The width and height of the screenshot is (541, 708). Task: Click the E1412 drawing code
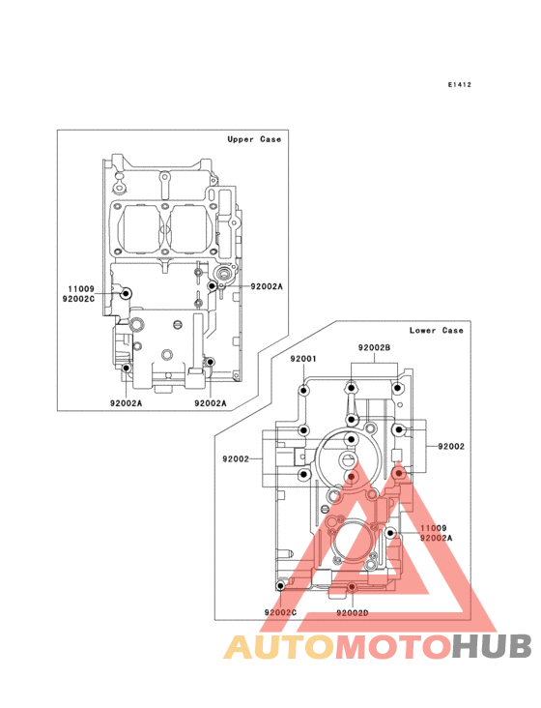tap(460, 84)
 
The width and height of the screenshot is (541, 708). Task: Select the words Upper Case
tap(254, 139)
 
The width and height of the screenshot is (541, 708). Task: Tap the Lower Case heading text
tap(436, 331)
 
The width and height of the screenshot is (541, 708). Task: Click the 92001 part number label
tap(303, 359)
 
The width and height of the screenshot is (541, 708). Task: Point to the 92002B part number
tap(374, 347)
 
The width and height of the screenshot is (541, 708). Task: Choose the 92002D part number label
tap(352, 612)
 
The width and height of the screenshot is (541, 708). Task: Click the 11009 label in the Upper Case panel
tap(81, 289)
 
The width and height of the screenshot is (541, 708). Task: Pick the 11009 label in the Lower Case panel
tap(433, 528)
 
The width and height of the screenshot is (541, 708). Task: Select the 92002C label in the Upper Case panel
tap(78, 299)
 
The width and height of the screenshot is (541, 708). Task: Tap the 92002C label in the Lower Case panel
tap(280, 612)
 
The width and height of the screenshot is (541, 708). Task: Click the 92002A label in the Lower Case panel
tap(436, 538)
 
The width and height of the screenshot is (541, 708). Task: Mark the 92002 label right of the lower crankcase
tap(451, 447)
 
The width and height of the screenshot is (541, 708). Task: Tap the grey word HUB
tap(492, 647)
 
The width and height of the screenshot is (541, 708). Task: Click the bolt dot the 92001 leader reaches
tap(304, 390)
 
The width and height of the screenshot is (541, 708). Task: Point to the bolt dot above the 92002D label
tap(352, 587)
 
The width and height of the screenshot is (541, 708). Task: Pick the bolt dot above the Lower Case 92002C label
tap(280, 586)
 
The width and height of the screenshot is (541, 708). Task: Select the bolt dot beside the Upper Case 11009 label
tap(126, 293)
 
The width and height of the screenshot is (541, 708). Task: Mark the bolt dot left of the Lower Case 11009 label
tap(390, 533)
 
